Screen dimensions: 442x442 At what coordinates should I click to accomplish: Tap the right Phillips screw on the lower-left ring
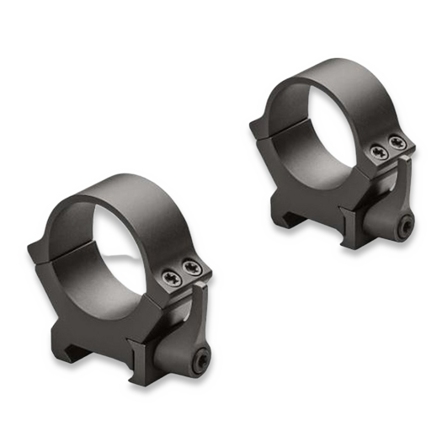click(x=193, y=268)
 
